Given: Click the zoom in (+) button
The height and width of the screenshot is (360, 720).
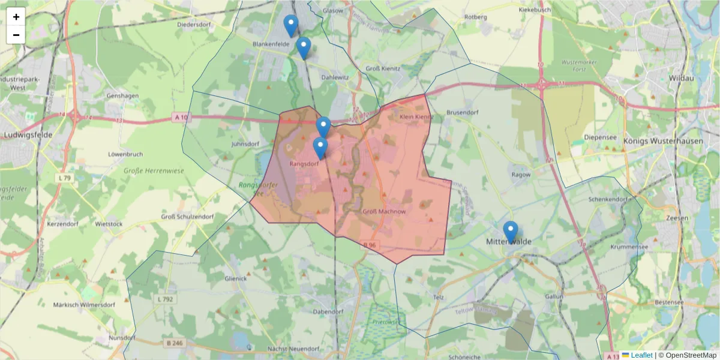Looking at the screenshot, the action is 16,17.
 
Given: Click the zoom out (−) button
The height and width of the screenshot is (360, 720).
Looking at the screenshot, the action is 16,35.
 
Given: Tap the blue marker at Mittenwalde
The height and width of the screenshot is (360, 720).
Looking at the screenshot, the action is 511,232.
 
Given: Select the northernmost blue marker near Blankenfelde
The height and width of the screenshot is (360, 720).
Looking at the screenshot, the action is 291,25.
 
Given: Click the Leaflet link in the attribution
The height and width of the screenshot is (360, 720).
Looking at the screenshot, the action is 641,355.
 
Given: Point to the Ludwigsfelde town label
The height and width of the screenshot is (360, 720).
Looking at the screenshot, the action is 28,135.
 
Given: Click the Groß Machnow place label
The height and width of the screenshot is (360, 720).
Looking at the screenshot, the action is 384,212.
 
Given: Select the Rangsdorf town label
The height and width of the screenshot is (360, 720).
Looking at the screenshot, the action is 304,163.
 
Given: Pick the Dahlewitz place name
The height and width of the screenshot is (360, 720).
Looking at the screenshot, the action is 335,77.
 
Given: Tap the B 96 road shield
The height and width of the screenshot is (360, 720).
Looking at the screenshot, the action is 370,245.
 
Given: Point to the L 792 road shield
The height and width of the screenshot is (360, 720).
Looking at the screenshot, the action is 165,299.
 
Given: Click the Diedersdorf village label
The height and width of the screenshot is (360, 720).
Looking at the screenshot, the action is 193,25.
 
